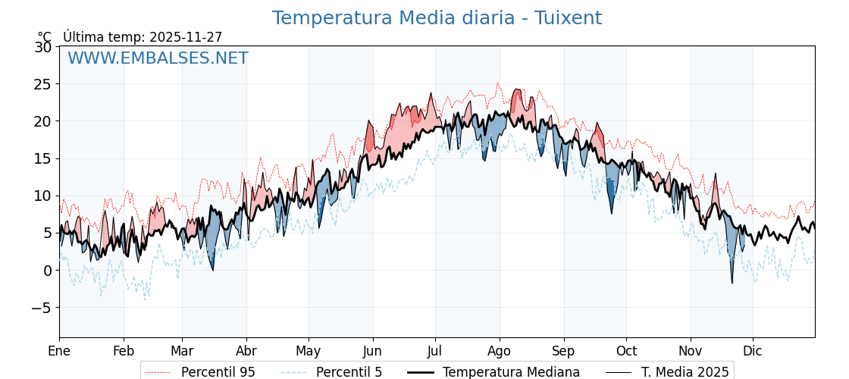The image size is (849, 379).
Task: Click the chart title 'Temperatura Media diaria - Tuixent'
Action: click(x=437, y=18)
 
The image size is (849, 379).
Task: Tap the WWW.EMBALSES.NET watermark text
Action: click(x=158, y=58)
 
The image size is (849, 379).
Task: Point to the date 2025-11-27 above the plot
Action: click(x=186, y=37)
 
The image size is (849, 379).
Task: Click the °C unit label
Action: click(x=45, y=37)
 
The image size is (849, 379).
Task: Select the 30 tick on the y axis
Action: click(x=43, y=47)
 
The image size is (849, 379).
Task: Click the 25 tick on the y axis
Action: click(x=43, y=84)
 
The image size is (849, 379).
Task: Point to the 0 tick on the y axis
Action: click(x=48, y=271)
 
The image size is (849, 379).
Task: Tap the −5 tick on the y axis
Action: click(x=42, y=308)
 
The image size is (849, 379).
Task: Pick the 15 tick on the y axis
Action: click(x=43, y=158)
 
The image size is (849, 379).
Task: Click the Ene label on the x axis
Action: click(x=59, y=351)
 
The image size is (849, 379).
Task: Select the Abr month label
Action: click(x=246, y=351)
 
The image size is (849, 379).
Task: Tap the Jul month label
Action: click(x=435, y=351)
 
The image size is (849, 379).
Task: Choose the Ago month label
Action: click(x=500, y=351)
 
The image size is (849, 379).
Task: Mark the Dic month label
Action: click(x=753, y=351)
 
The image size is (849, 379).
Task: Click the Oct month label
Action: click(x=626, y=351)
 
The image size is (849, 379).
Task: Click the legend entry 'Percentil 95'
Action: click(x=218, y=372)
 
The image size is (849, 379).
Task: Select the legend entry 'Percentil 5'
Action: click(x=349, y=372)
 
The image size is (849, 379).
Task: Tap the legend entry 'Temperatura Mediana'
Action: click(x=511, y=372)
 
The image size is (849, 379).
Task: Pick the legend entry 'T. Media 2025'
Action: click(x=685, y=372)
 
